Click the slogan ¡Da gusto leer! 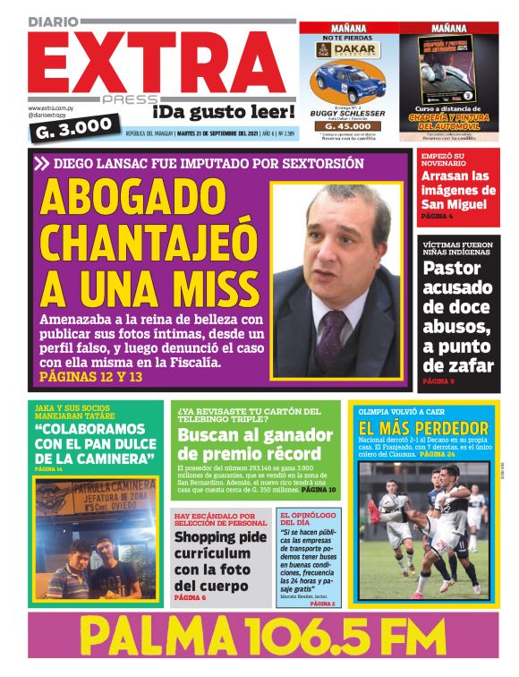pyautogui.click(x=222, y=112)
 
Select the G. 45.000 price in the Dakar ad pyautogui.click(x=348, y=126)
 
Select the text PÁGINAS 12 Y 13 pyautogui.click(x=91, y=377)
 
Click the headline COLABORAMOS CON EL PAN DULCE pyautogui.click(x=94, y=444)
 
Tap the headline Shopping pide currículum pyautogui.click(x=220, y=561)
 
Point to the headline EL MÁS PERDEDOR pyautogui.click(x=423, y=429)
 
